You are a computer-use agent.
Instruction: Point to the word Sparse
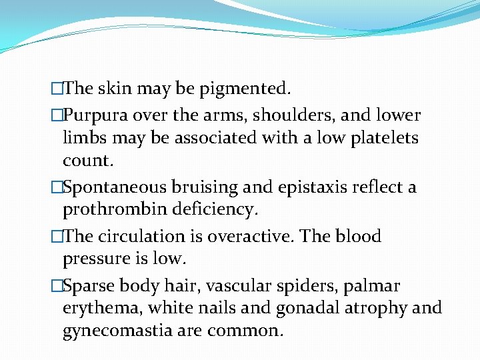(x=90, y=286)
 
